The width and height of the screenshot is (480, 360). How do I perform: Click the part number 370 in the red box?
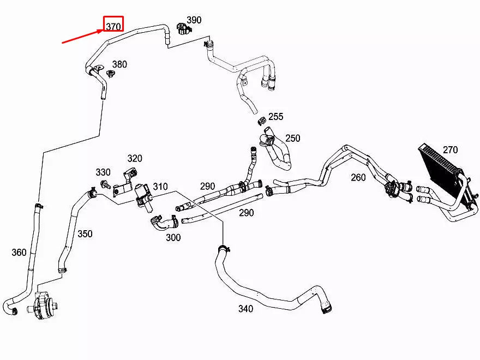pyautogui.click(x=113, y=26)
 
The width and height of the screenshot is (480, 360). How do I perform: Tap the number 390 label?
pyautogui.click(x=194, y=20)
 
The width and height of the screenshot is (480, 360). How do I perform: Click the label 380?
pyautogui.click(x=119, y=64)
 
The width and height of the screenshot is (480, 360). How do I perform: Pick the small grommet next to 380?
pyautogui.click(x=110, y=74)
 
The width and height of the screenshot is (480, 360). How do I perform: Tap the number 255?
pyautogui.click(x=276, y=117)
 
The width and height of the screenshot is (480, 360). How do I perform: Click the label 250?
pyautogui.click(x=293, y=139)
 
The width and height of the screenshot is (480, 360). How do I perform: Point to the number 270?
pyautogui.click(x=450, y=150)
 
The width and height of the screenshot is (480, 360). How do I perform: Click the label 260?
pyautogui.click(x=358, y=177)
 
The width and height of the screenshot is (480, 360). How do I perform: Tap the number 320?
pyautogui.click(x=135, y=159)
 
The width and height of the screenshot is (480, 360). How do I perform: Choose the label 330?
pyautogui.click(x=103, y=172)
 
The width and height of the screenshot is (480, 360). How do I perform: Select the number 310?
pyautogui.click(x=160, y=187)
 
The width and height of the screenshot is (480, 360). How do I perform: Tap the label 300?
pyautogui.click(x=173, y=238)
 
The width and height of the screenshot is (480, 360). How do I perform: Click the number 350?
pyautogui.click(x=85, y=234)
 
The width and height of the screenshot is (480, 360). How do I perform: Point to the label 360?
pyautogui.click(x=19, y=252)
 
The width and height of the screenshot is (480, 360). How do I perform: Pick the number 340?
pyautogui.click(x=245, y=309)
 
